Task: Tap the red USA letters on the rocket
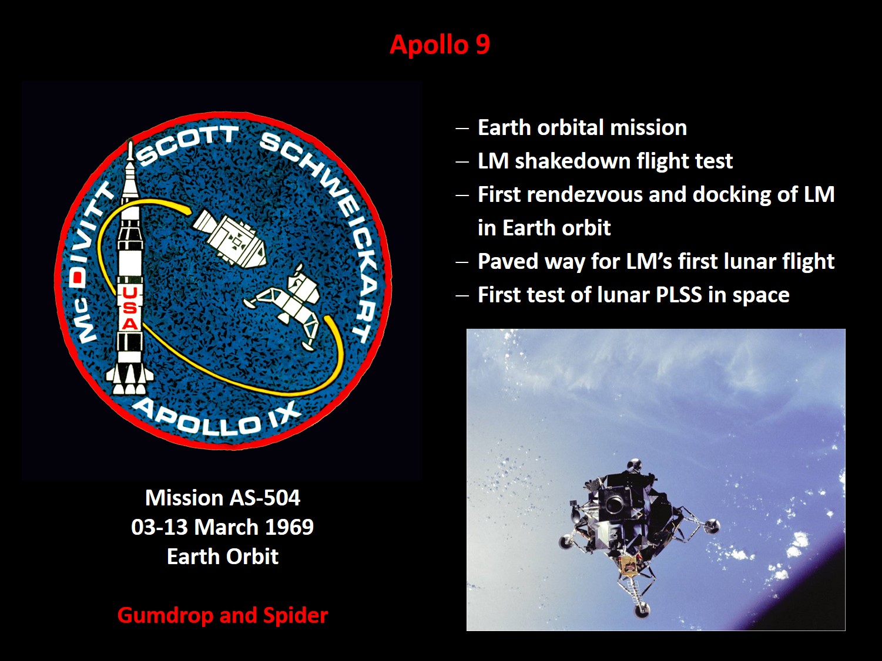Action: coord(129,308)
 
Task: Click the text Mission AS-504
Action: coord(222,498)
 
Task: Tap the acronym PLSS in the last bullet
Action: coord(679,295)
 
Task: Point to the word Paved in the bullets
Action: coord(508,262)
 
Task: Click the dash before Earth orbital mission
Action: coord(462,129)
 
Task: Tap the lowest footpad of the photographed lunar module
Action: coord(642,610)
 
